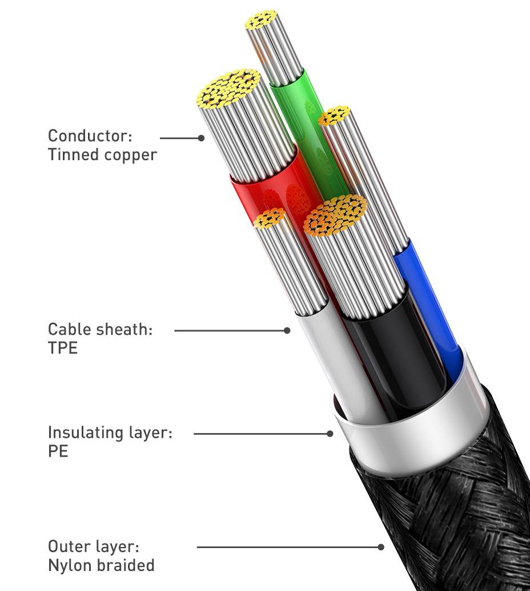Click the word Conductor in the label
(x=89, y=136)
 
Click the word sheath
(x=126, y=330)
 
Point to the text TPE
(x=62, y=348)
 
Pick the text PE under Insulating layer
(x=58, y=451)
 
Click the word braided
(x=126, y=565)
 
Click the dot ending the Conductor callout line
(x=201, y=138)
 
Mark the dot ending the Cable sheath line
(x=287, y=330)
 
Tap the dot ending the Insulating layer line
(x=330, y=434)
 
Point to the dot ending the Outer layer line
(x=381, y=547)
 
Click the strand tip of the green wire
(x=262, y=20)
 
